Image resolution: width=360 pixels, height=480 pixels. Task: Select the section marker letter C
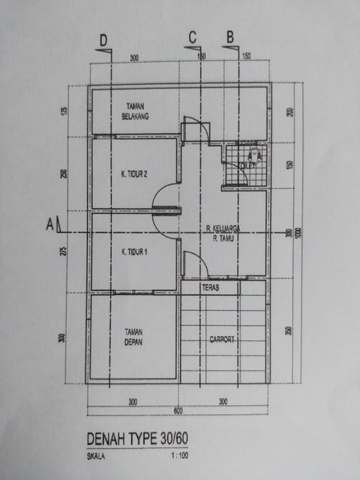pyautogui.click(x=192, y=37)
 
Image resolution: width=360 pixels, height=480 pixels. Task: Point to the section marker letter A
pyautogui.click(x=50, y=225)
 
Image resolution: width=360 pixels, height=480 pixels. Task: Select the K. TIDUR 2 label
pyautogui.click(x=134, y=173)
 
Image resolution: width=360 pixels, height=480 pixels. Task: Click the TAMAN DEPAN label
pyautogui.click(x=132, y=338)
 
